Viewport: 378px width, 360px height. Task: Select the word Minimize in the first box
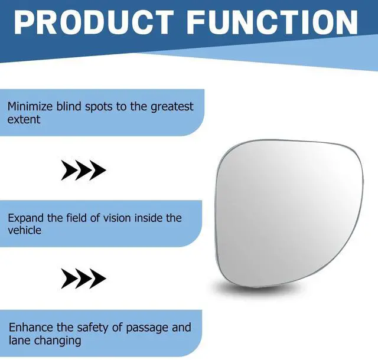click(x=30, y=106)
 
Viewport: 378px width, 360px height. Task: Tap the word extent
click(x=24, y=120)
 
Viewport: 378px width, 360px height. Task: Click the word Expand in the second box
click(x=25, y=218)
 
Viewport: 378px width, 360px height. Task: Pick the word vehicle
click(x=24, y=230)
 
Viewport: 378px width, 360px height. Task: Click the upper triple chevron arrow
click(x=83, y=170)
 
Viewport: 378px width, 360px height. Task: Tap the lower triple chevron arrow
click(x=83, y=279)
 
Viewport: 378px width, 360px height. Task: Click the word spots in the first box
click(x=99, y=107)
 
